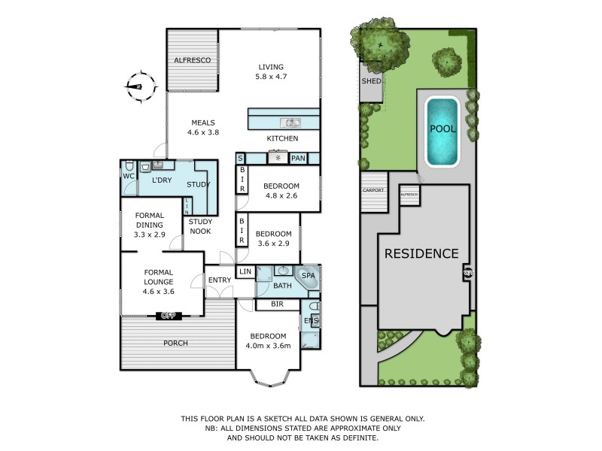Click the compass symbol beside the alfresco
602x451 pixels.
(x=136, y=85)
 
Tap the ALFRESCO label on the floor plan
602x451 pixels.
(x=192, y=59)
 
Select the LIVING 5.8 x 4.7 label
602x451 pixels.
(x=270, y=71)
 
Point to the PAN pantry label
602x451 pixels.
(x=298, y=159)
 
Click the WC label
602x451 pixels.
(x=127, y=177)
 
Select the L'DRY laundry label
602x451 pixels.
(x=163, y=180)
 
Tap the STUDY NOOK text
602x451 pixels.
(x=200, y=226)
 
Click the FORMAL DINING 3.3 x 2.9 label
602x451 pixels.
(x=150, y=225)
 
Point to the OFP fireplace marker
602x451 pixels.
(x=166, y=315)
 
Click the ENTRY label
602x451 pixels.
(x=220, y=280)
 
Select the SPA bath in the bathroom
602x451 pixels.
(x=309, y=277)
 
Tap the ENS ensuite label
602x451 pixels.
(x=310, y=321)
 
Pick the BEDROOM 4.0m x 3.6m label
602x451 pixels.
(x=268, y=341)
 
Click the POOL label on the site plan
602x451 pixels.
(x=442, y=129)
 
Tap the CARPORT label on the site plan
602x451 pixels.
(x=374, y=190)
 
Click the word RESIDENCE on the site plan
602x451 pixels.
(x=421, y=253)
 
